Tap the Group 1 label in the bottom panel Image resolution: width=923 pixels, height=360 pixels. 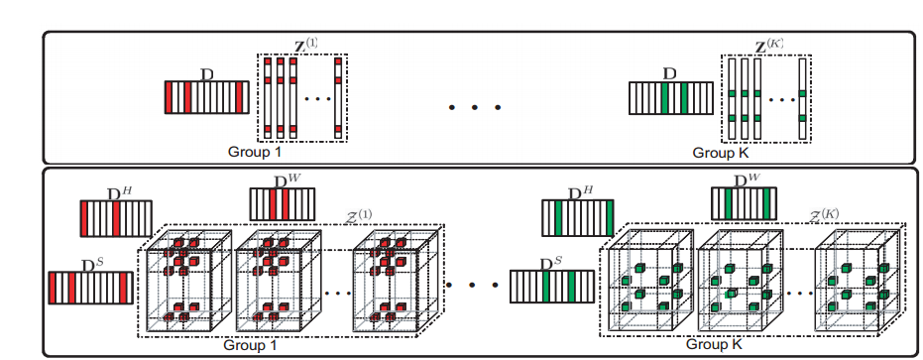tap(250, 344)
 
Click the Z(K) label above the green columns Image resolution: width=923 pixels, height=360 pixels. tap(769, 46)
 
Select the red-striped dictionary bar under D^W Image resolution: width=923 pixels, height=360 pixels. tap(283, 204)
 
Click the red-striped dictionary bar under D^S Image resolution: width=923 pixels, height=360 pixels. tap(88, 289)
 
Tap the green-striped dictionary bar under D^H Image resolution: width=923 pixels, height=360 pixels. tap(578, 218)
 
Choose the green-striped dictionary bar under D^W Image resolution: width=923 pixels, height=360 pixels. tap(745, 203)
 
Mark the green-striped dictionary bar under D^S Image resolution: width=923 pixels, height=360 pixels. tap(550, 287)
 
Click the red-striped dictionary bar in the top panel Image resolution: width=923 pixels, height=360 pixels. tap(206, 97)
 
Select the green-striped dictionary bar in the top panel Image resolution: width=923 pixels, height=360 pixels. tap(671, 97)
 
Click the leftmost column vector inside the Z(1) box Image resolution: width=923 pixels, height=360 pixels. tap(268, 98)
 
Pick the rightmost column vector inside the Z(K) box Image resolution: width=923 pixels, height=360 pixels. tap(803, 98)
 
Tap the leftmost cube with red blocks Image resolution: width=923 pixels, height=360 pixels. tap(187, 281)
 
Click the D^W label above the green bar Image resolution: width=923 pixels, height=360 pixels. tap(745, 180)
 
